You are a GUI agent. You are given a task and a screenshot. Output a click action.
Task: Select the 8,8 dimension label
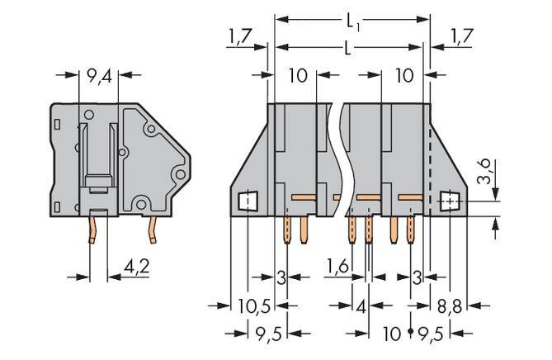click(x=450, y=306)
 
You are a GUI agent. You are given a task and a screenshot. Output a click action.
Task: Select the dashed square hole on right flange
click(x=450, y=201)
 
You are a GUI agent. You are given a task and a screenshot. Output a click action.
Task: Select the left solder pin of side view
click(x=94, y=230)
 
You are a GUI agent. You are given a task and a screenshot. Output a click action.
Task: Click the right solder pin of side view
click(x=153, y=232)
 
